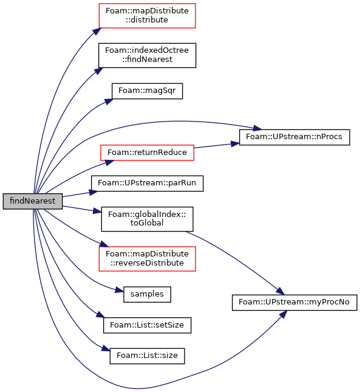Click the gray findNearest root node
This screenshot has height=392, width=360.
[x=32, y=201]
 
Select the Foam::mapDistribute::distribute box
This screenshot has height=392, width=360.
[x=147, y=16]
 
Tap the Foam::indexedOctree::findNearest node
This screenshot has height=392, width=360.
[x=147, y=55]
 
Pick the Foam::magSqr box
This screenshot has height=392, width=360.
[x=147, y=91]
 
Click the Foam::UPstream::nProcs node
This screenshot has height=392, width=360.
[x=294, y=137]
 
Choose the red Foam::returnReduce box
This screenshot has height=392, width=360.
[x=147, y=153]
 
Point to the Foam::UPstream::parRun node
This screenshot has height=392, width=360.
[x=147, y=184]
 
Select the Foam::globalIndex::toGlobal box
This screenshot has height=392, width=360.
[x=147, y=219]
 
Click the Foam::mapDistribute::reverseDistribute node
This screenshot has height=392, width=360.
[x=147, y=258]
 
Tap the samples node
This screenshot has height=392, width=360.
[x=147, y=294]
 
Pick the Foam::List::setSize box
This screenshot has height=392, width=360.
[x=147, y=325]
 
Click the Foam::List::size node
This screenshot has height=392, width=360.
[x=147, y=356]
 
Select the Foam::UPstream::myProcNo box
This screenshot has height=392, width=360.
[x=294, y=303]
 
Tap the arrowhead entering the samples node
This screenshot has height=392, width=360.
[x=120, y=291]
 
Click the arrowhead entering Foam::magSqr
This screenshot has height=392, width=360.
[x=109, y=101]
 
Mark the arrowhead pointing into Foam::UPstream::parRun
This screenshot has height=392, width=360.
[x=93, y=192]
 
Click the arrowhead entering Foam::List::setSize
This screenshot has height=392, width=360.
[x=100, y=315]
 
